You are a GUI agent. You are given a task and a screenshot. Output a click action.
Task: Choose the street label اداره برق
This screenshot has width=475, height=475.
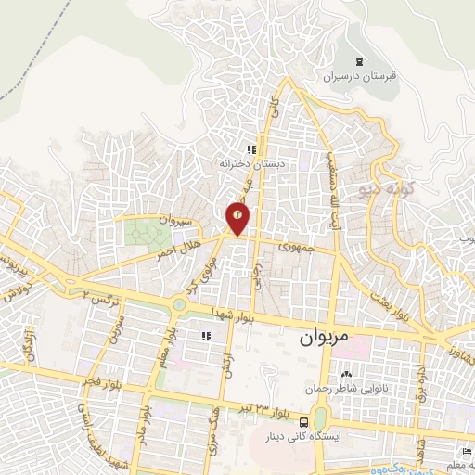click(x=420, y=380)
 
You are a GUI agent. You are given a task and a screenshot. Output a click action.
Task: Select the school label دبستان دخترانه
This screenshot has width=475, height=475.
click(x=249, y=163)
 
